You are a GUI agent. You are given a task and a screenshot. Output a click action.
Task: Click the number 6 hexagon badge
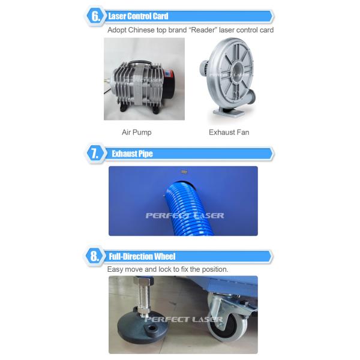point(95,16)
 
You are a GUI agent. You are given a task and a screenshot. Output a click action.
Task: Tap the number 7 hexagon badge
point(95,154)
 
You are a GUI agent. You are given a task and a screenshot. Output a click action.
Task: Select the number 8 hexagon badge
point(94,256)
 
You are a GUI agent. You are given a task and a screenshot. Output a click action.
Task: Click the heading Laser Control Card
point(138,16)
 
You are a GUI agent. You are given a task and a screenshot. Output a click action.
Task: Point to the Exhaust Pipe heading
point(132,154)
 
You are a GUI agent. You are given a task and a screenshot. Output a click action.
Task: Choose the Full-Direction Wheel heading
point(142,256)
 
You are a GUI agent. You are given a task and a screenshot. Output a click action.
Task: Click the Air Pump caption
point(137,132)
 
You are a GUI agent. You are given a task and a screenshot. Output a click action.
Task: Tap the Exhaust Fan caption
point(229,132)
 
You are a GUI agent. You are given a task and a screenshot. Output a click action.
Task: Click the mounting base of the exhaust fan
point(229,112)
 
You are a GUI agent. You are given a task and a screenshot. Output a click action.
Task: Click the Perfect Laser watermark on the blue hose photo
point(185,215)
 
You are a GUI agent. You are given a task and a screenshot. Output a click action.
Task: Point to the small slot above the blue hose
point(184,172)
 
